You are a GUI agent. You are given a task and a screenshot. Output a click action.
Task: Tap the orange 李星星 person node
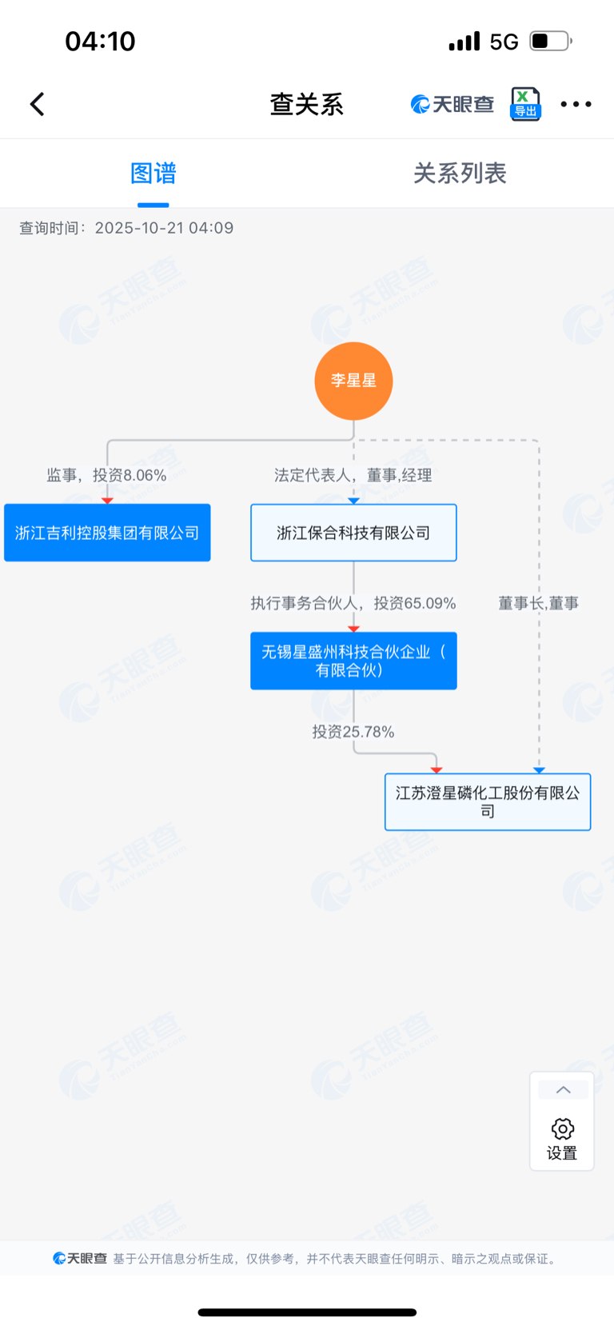[353, 381]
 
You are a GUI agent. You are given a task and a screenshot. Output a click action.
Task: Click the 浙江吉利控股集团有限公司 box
[107, 533]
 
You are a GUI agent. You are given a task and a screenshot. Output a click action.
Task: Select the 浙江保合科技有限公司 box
[353, 533]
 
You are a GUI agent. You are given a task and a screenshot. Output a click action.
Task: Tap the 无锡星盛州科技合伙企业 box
[353, 661]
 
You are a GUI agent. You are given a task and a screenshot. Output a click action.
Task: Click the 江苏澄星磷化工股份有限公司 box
[488, 801]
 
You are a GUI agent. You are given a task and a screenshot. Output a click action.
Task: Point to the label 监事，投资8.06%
[106, 475]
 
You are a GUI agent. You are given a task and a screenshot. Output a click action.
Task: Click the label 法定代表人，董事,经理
[353, 475]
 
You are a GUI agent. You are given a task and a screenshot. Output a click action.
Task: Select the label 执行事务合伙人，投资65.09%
[353, 603]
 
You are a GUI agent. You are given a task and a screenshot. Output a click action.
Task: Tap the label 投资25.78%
[353, 732]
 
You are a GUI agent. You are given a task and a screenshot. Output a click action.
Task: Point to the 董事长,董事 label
[538, 603]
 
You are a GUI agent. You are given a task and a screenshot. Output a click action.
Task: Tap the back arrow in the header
[38, 104]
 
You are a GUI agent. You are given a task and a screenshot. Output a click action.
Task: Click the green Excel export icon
[525, 104]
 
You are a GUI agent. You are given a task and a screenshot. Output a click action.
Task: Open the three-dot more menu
[576, 104]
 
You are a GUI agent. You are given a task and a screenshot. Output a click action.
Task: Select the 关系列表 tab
[460, 174]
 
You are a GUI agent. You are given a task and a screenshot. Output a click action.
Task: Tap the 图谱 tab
[153, 174]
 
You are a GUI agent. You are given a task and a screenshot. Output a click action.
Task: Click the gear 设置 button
[562, 1137]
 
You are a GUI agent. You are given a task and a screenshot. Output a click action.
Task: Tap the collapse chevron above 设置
[563, 1090]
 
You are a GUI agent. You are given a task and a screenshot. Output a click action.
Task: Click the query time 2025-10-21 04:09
[164, 228]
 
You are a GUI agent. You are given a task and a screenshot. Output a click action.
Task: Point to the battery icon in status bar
[550, 41]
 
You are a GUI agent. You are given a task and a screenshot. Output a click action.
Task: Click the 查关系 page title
[306, 104]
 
